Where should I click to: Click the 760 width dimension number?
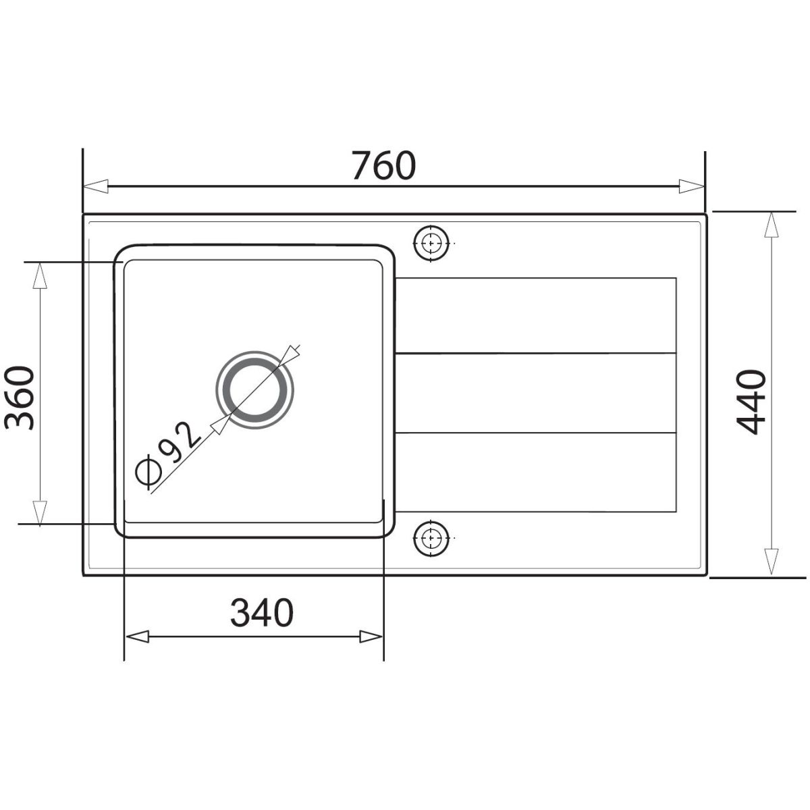pyautogui.click(x=384, y=166)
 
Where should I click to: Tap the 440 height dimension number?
pyautogui.click(x=751, y=402)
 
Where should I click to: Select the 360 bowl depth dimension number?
pyautogui.click(x=19, y=398)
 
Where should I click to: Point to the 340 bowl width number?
pyautogui.click(x=261, y=613)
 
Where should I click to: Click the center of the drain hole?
pyautogui.click(x=254, y=389)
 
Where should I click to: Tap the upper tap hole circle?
pyautogui.click(x=431, y=244)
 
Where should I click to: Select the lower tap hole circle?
pyautogui.click(x=431, y=539)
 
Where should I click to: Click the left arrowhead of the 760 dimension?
pyautogui.click(x=96, y=186)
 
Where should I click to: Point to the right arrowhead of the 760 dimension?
pyautogui.click(x=691, y=186)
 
